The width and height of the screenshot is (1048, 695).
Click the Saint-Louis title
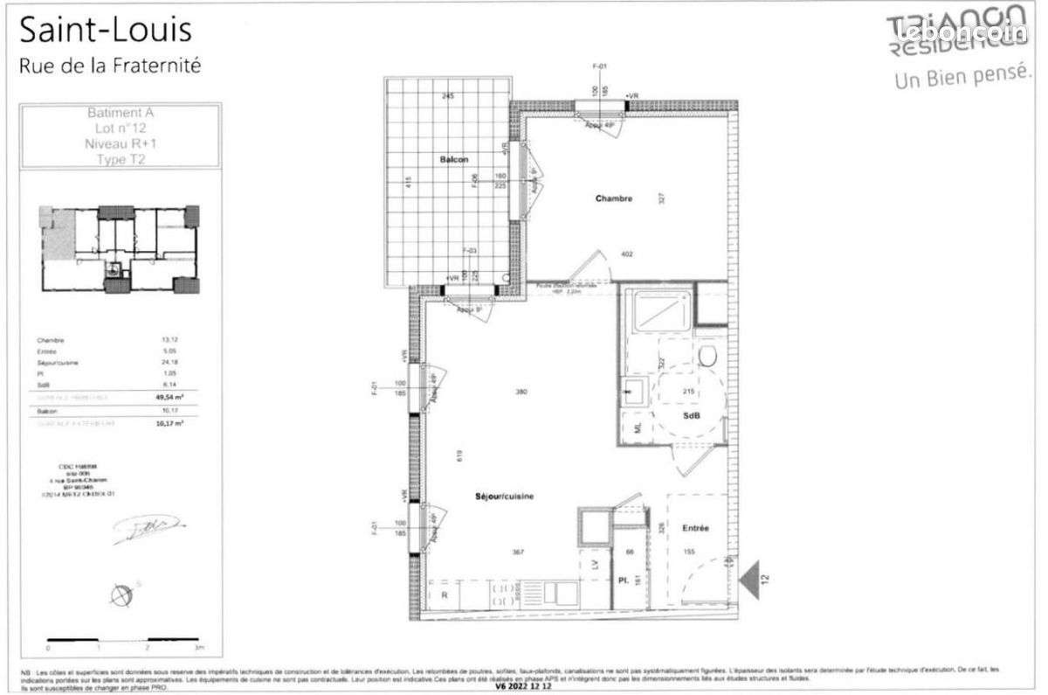(105, 31)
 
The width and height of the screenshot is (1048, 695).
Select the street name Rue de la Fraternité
(109, 65)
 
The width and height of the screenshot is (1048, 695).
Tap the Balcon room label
(454, 159)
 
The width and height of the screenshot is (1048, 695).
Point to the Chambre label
(613, 198)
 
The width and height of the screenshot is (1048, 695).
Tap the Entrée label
(696, 528)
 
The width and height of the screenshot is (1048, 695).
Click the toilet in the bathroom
(708, 356)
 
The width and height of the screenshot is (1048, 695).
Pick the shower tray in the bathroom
(659, 312)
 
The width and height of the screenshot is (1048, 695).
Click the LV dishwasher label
(595, 566)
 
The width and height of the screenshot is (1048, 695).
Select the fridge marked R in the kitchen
(445, 594)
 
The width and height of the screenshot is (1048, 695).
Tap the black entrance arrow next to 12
(750, 577)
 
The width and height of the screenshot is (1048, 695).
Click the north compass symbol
(121, 594)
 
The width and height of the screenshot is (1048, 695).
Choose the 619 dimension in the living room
(458, 455)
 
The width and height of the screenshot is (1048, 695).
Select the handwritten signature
(146, 525)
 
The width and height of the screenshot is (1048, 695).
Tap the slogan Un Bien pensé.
(958, 77)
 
